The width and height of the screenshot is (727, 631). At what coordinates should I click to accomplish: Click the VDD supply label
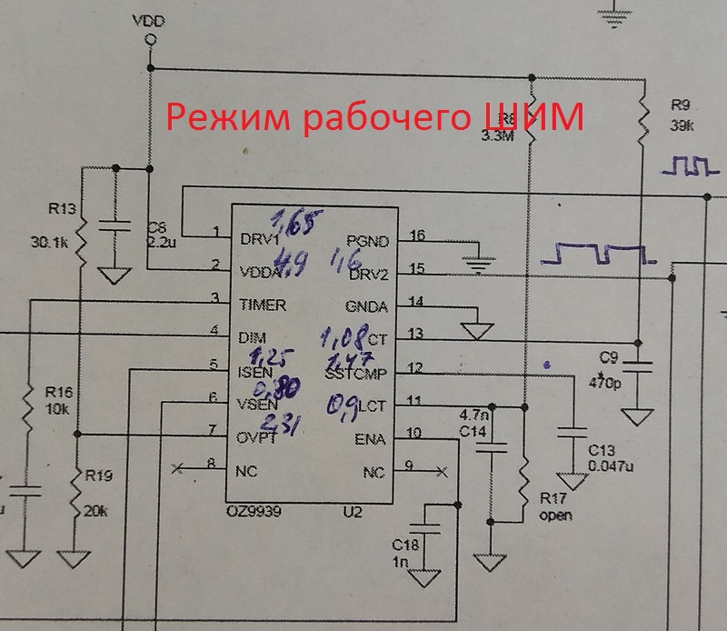point(149,19)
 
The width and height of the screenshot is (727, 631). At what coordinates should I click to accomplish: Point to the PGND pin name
point(368,241)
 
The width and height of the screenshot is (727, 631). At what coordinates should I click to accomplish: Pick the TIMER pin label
point(262,305)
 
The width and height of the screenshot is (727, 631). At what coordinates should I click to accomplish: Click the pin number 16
point(417,235)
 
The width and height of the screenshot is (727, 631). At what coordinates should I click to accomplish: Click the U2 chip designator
point(354,513)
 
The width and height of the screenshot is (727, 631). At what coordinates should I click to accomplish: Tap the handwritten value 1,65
point(294,219)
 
